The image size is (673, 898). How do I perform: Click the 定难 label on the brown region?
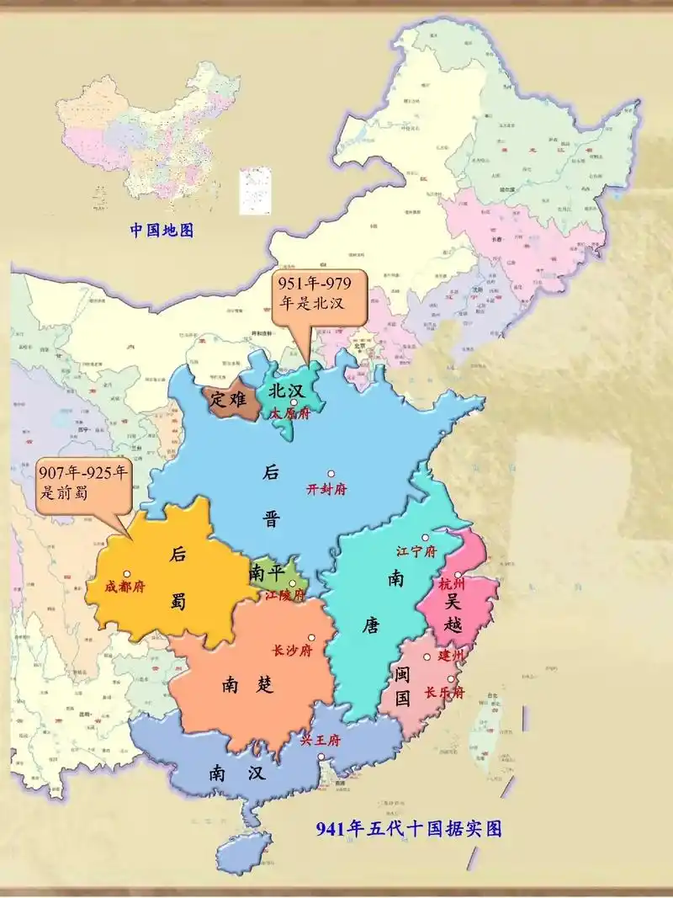[x=228, y=400]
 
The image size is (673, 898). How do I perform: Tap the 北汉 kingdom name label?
[x=286, y=391]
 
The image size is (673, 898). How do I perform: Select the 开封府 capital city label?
[x=326, y=490]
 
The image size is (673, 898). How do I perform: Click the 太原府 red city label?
[x=290, y=414]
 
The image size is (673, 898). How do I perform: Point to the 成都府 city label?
[x=125, y=587]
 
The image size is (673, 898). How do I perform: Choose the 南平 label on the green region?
[x=268, y=573]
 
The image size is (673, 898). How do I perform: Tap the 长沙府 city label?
[x=292, y=651]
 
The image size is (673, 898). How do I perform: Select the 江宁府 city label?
[x=416, y=552]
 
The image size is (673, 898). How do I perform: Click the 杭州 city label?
[x=451, y=583]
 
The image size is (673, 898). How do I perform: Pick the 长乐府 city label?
[x=443, y=693]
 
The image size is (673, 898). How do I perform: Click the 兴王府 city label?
[x=321, y=741]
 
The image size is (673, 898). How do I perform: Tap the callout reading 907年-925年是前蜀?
[x=84, y=485]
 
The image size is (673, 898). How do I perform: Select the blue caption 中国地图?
[x=162, y=230]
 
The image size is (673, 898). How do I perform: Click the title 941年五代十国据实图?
[x=409, y=829]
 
